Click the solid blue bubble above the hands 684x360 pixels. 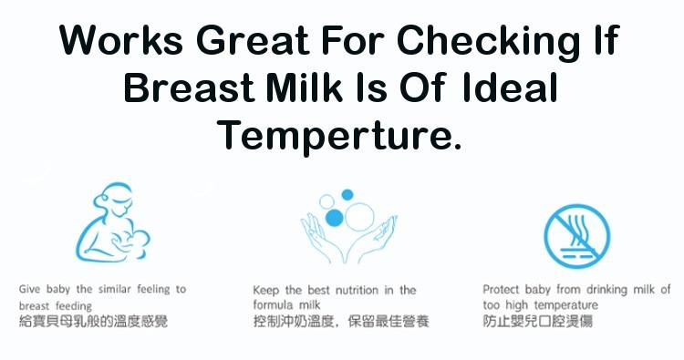[x=334, y=216]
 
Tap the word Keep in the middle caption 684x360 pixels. [x=264, y=290]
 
